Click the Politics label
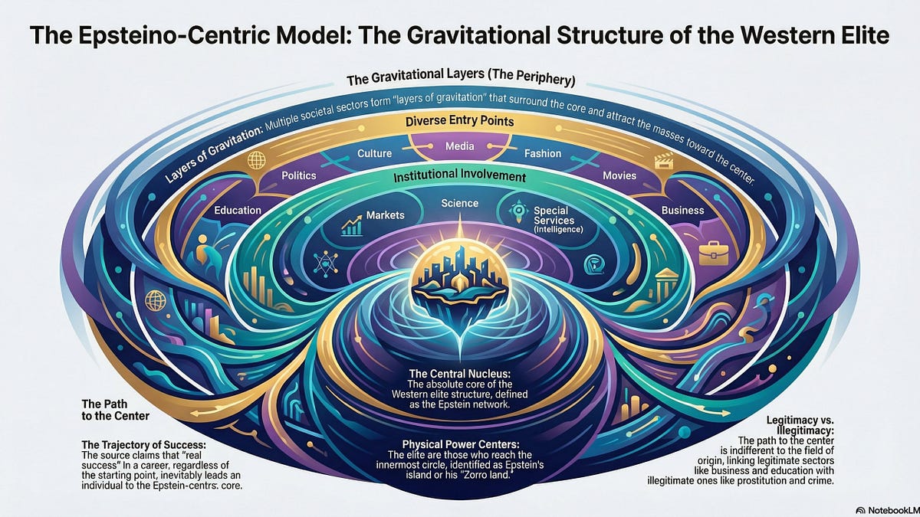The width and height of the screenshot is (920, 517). [x=298, y=175]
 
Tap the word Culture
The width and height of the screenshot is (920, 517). [x=375, y=154]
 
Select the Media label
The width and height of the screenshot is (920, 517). [x=460, y=145]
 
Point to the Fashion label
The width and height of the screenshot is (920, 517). [x=543, y=154]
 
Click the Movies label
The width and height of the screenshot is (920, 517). [x=619, y=175]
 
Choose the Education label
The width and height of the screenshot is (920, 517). [x=238, y=210]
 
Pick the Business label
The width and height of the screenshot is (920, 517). [x=682, y=210]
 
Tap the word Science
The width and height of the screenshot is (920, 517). [x=460, y=203]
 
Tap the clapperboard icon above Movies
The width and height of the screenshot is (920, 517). [x=662, y=160]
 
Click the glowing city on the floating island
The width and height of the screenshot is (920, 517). [x=460, y=280]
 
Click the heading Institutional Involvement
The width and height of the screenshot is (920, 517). [x=460, y=177]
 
